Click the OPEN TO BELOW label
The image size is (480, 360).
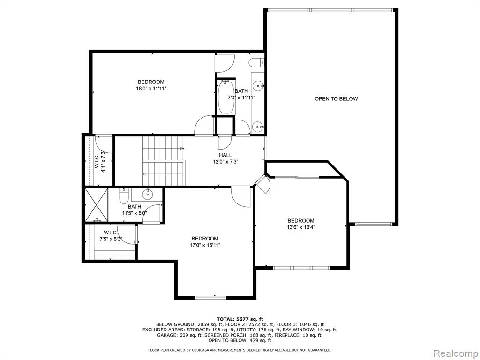[x=336, y=98]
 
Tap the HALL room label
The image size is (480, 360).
[x=225, y=155]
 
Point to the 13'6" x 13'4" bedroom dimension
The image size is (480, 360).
[x=300, y=227]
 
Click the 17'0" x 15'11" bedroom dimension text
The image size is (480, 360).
[x=205, y=245]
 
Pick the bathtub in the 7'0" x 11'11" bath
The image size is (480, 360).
[x=226, y=97]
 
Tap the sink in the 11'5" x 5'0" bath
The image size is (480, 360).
[x=148, y=194]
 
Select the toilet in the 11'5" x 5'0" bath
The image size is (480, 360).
[x=123, y=196]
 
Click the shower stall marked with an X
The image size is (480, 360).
[x=97, y=205]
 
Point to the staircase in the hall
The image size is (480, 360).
[x=164, y=161]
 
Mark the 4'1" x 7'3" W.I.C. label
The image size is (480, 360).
[x=100, y=161]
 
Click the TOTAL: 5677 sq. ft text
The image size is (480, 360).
[x=240, y=319]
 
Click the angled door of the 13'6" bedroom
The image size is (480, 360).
[x=262, y=184]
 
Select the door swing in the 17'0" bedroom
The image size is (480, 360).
[x=241, y=197]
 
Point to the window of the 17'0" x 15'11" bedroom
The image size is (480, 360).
[x=210, y=297]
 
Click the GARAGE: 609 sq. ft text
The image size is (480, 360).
[x=180, y=335]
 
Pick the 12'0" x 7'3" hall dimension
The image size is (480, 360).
[x=225, y=162]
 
